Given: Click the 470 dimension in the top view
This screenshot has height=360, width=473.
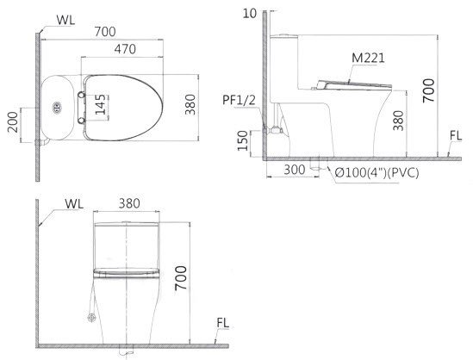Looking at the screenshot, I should (126, 50).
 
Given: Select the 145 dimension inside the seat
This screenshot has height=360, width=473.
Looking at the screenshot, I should (102, 108).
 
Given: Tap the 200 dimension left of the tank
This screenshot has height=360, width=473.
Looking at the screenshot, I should (11, 121).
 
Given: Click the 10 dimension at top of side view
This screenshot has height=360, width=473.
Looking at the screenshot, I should (250, 12).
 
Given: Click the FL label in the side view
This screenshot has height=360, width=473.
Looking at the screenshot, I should (456, 135).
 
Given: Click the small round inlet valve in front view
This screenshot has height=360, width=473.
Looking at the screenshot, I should (92, 320).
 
